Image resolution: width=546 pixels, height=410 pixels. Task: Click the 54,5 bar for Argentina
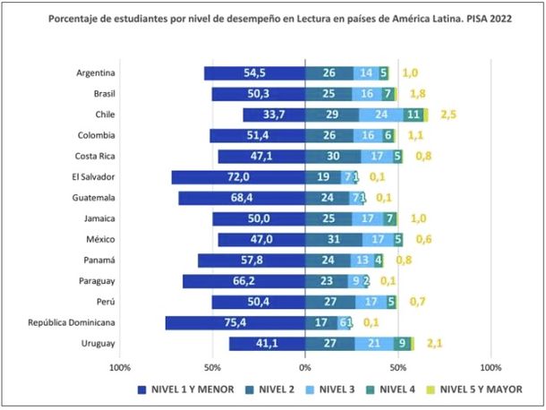(254, 73)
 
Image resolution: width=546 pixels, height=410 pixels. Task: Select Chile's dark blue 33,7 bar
(274, 115)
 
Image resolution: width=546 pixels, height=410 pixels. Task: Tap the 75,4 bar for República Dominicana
(235, 322)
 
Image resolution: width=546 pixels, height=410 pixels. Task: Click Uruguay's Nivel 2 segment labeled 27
(329, 343)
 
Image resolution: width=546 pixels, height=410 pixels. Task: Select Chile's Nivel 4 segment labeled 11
(413, 115)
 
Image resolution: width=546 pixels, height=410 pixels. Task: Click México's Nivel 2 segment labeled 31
(334, 239)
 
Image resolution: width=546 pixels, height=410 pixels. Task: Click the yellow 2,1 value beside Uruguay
(435, 343)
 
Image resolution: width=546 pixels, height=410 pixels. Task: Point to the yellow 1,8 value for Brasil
(417, 94)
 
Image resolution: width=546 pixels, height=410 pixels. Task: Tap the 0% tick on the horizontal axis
(305, 367)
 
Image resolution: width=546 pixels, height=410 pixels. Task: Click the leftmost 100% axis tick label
(119, 367)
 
